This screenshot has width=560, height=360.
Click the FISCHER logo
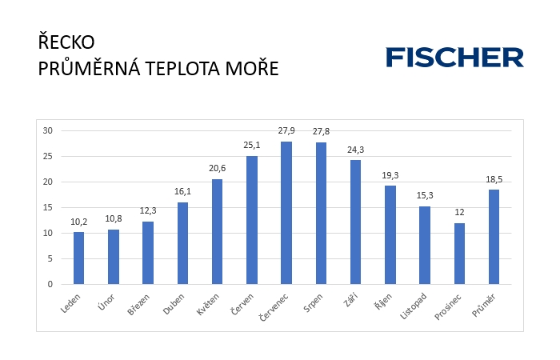(x=454, y=58)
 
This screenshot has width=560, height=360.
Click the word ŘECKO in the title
(x=66, y=42)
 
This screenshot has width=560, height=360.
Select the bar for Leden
(x=78, y=258)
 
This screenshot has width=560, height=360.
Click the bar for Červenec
(x=286, y=213)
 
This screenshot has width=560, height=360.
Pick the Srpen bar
(x=321, y=213)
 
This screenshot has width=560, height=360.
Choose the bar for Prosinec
(x=459, y=253)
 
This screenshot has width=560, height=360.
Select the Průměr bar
(x=494, y=237)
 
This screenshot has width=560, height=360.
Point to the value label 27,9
(x=286, y=131)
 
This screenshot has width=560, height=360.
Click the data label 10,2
(x=78, y=222)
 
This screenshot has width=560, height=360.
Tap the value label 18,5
(x=494, y=180)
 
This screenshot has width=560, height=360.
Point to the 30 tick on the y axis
(x=47, y=130)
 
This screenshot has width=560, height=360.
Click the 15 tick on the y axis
(x=47, y=207)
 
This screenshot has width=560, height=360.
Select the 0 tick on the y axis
(x=50, y=284)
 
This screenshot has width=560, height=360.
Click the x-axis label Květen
(x=209, y=302)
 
